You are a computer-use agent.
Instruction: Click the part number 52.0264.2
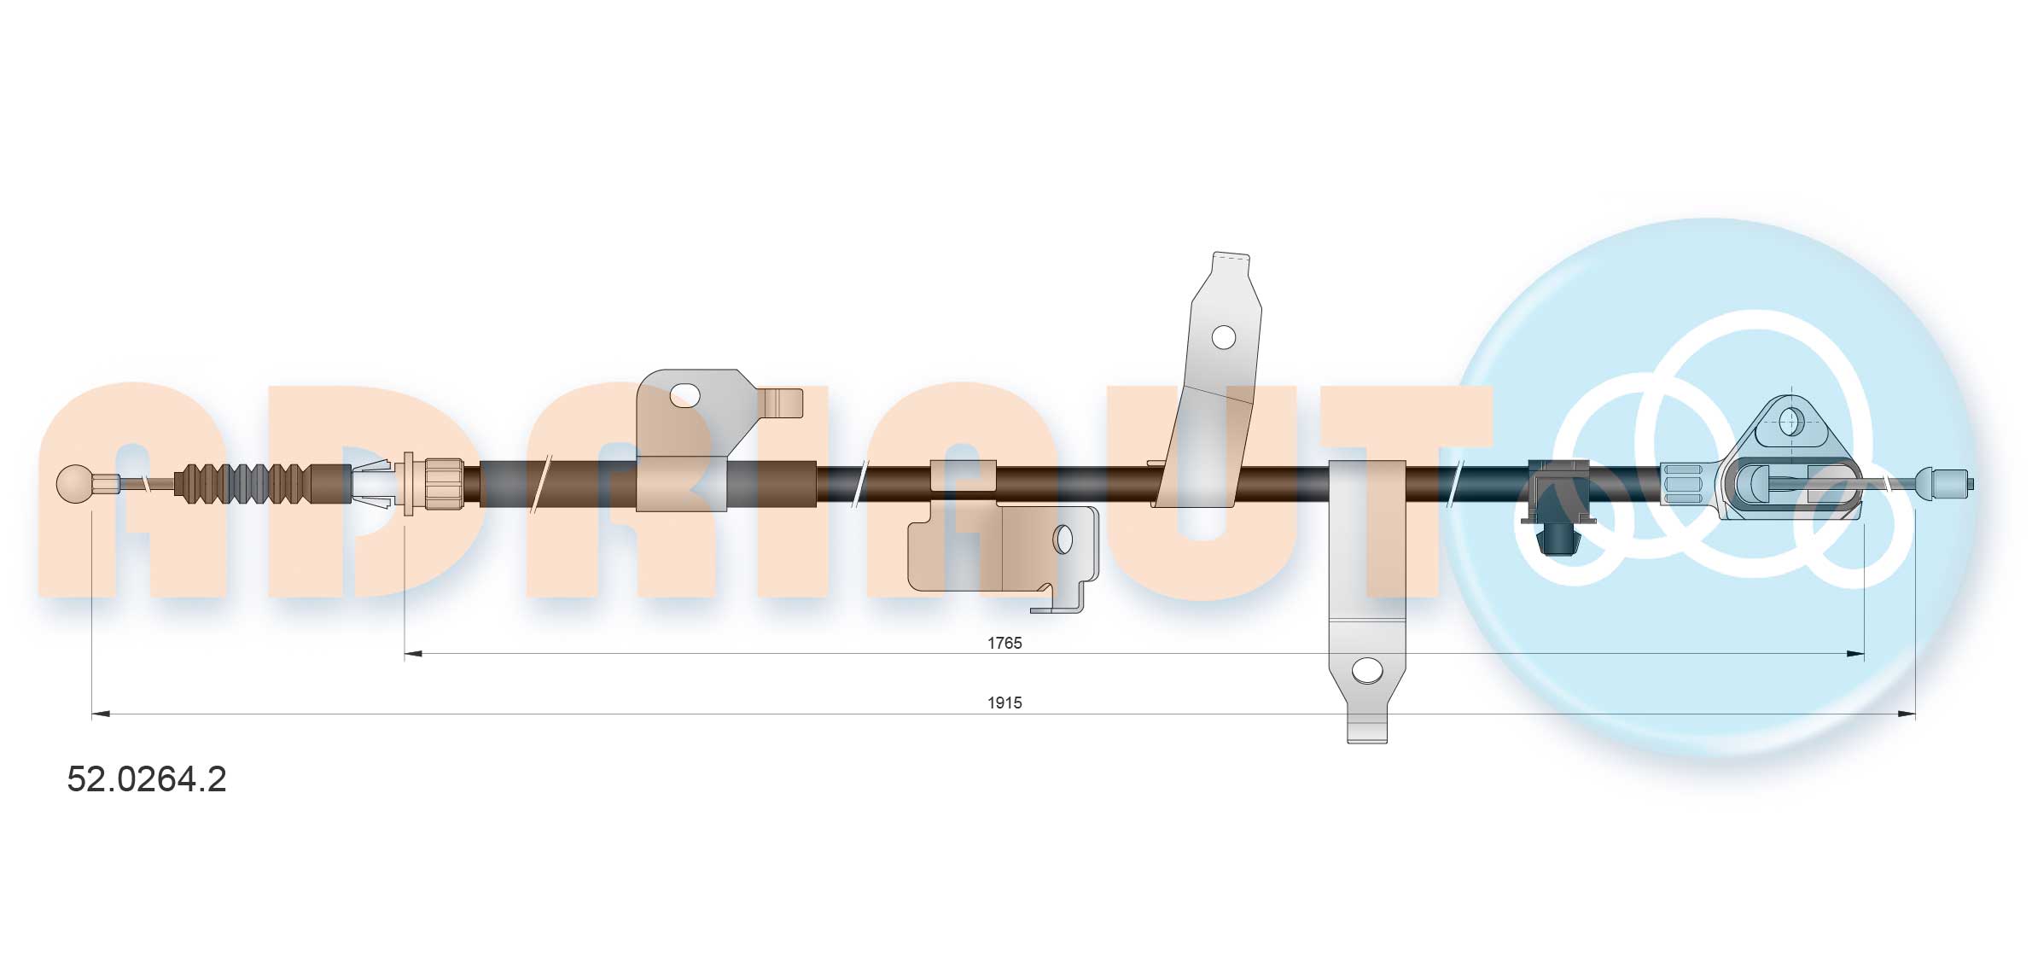[x=147, y=779]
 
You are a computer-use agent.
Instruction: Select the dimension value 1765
[x=1004, y=643]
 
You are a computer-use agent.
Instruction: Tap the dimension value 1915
[x=1004, y=703]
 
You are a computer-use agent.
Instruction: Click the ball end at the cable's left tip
[x=75, y=484]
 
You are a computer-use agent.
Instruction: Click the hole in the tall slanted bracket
[x=1223, y=337]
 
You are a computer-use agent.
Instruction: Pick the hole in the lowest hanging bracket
[x=1367, y=670]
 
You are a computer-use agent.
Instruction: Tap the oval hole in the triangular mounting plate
[x=1790, y=419]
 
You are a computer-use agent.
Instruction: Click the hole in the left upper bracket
[x=684, y=394]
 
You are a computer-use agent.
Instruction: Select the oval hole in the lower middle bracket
[x=1063, y=539]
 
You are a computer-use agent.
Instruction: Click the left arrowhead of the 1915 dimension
[x=101, y=714]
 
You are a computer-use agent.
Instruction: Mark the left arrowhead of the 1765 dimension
[x=414, y=654]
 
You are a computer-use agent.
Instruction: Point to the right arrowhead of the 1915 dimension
[x=1906, y=714]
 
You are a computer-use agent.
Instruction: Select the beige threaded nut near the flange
[x=443, y=484]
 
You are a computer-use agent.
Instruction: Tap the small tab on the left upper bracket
[x=783, y=403]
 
